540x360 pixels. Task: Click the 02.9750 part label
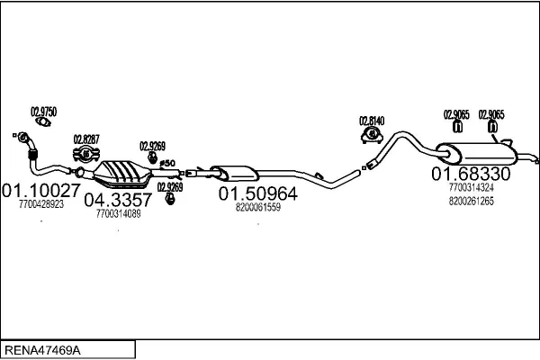pos(44,112)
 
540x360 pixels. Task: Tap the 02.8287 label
pos(85,139)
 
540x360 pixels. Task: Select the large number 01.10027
pos(41,190)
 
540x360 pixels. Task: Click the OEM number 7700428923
pos(40,204)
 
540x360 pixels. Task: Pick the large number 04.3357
pos(119,200)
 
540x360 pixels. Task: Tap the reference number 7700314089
pos(118,214)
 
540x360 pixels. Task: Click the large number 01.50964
pos(258,193)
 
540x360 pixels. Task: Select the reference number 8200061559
pos(258,207)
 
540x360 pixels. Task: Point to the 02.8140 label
pos(372,120)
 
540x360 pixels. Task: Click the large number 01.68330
pos(471,173)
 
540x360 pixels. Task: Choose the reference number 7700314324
pos(471,187)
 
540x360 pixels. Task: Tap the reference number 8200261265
pos(471,202)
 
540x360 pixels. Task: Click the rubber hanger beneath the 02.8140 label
pos(371,135)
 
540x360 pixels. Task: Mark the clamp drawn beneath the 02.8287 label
pos(87,155)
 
